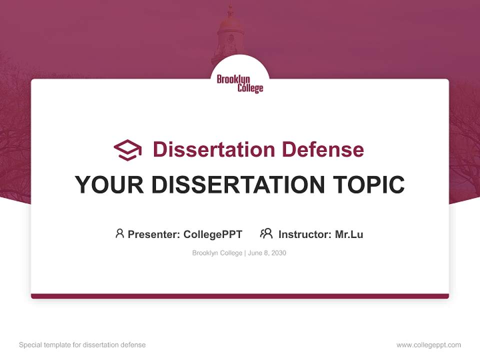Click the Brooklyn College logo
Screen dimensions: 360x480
coord(240,83)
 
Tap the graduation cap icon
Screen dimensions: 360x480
coord(128,150)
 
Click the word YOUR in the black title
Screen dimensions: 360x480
coord(109,185)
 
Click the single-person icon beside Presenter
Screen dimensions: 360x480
coord(119,233)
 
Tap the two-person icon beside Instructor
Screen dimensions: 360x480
coord(266,233)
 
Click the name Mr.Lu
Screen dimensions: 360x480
coord(349,234)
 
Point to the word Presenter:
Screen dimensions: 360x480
coord(154,234)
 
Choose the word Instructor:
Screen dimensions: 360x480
coord(305,234)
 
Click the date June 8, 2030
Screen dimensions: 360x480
coord(267,253)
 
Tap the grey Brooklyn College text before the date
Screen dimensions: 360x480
coord(217,253)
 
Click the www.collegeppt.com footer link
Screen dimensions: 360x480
coord(428,345)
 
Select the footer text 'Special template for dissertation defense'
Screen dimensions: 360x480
coord(82,345)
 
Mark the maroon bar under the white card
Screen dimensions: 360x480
coord(240,296)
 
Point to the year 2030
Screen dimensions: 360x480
coord(278,253)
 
